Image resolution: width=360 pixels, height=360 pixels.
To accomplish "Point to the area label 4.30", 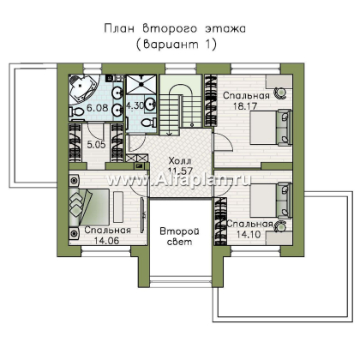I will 136,105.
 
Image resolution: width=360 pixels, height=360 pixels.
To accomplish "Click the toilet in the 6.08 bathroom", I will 78,111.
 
